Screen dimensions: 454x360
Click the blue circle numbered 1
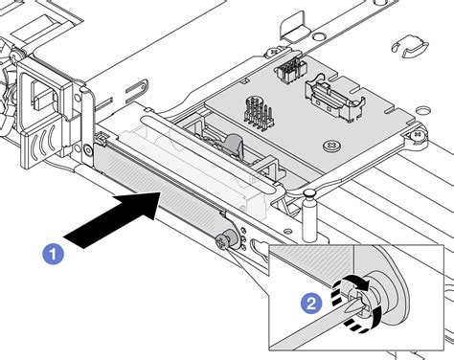click(54, 254)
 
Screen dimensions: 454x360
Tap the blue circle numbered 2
click(311, 303)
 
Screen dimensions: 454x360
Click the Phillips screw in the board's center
click(331, 146)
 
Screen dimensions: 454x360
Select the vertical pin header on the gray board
click(259, 115)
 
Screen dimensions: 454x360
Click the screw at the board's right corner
click(418, 137)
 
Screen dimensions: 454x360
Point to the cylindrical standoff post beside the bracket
click(308, 214)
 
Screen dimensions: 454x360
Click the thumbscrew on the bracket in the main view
click(227, 239)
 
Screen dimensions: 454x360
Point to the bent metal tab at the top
click(295, 26)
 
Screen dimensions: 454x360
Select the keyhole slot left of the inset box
click(261, 247)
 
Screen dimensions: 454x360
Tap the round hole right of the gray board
click(423, 110)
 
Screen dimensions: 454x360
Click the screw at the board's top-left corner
click(275, 51)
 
